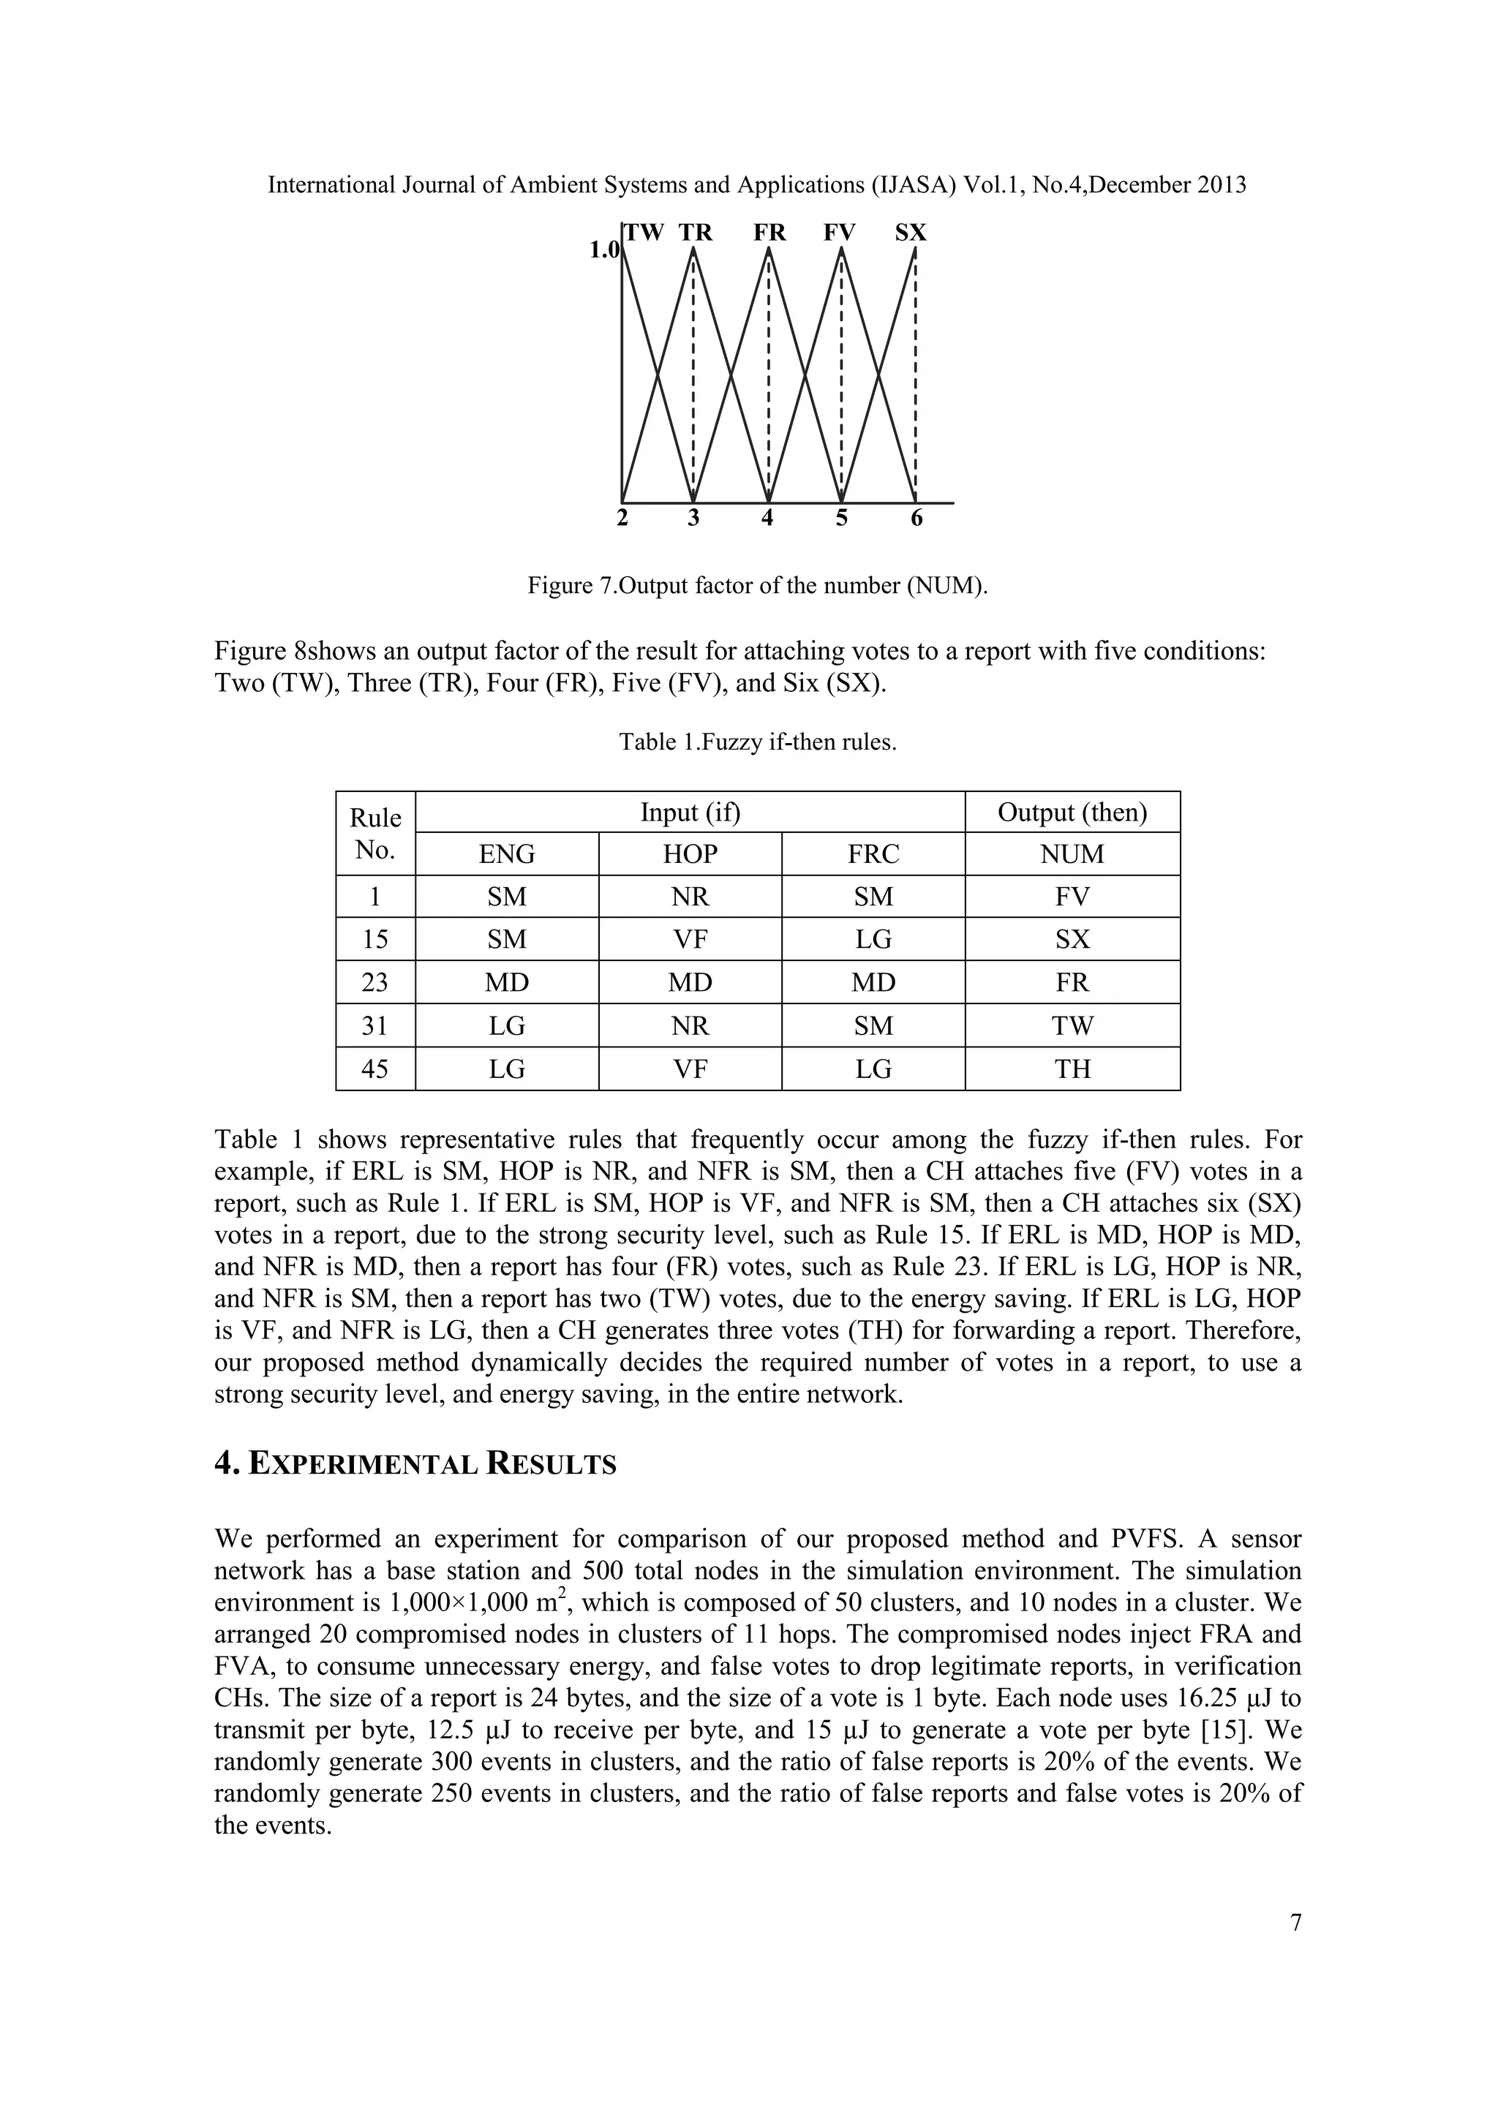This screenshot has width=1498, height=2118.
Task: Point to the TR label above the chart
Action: (696, 233)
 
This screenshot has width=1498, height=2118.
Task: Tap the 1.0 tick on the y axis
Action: (603, 250)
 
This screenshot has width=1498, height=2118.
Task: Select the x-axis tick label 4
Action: (767, 519)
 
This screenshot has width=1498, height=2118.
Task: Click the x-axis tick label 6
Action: (916, 519)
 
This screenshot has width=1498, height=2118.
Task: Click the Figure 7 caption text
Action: (756, 585)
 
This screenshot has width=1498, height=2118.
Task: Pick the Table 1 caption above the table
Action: (757, 742)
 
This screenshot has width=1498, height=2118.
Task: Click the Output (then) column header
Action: (1072, 812)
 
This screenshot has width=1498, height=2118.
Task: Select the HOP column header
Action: (689, 854)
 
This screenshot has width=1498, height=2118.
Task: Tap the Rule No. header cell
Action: (375, 833)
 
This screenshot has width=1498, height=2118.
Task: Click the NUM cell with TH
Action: (1072, 1069)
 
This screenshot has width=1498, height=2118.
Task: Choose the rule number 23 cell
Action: (375, 982)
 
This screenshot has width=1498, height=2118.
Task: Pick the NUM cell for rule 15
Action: (1072, 939)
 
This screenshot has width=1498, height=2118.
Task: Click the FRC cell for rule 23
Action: (873, 982)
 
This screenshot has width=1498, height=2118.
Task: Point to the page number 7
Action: (1295, 1923)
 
